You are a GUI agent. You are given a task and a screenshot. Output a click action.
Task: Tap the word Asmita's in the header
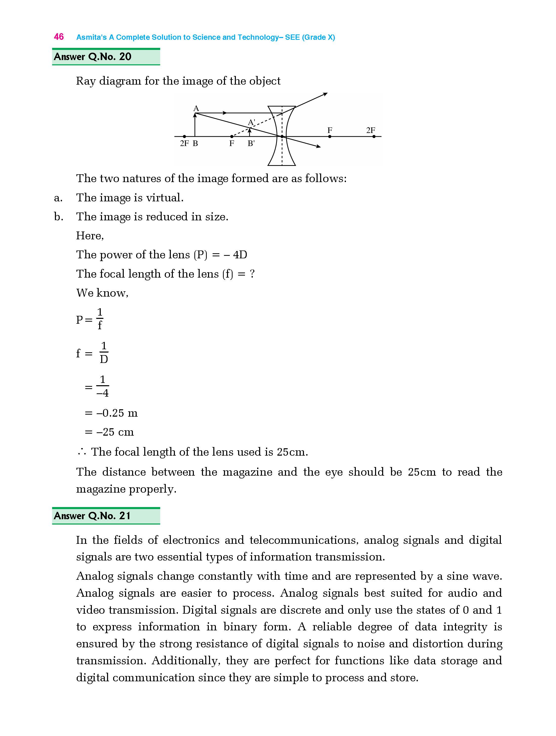[91, 37]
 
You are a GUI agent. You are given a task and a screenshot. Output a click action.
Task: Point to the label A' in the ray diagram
[251, 122]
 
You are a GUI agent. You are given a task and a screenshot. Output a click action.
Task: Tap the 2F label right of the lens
[370, 130]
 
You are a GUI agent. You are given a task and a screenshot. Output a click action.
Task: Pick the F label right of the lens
[330, 130]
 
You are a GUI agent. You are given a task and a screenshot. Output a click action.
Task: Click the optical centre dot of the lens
[282, 137]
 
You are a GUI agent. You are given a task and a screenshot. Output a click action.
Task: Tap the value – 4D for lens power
[235, 255]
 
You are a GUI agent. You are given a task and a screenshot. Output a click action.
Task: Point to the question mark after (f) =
[252, 274]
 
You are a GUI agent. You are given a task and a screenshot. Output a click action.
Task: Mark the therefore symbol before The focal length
[82, 452]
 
